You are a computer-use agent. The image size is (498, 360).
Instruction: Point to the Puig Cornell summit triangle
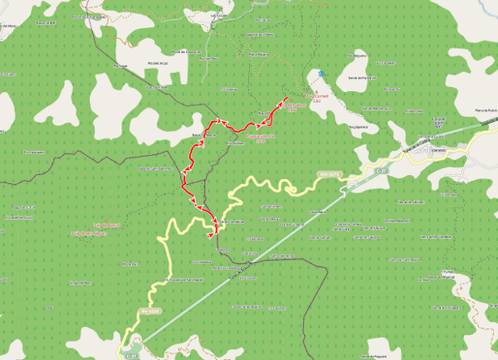(x=315, y=91)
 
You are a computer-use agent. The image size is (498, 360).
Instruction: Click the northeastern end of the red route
(x=286, y=98)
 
